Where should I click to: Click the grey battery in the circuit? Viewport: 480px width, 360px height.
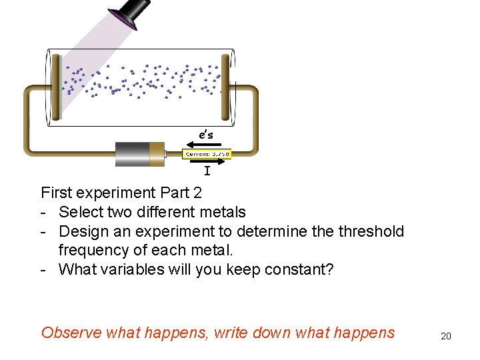[x=133, y=154]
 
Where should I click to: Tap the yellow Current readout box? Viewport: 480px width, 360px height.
[x=207, y=154]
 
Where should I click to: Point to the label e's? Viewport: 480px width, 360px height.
[x=206, y=135]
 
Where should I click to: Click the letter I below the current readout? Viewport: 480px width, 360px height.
[x=207, y=172]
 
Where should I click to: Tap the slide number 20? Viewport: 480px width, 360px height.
[x=446, y=336]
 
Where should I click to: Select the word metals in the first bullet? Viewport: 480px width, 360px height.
[x=223, y=213]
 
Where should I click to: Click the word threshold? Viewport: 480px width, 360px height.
[x=372, y=232]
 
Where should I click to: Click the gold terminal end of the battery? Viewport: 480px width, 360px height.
[x=157, y=154]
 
